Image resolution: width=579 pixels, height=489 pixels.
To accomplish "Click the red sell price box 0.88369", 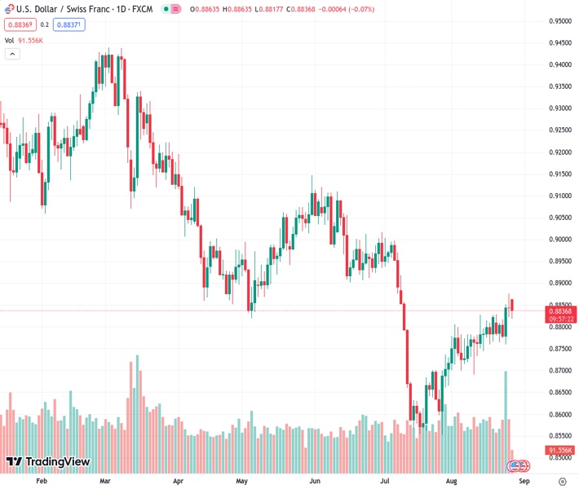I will tap(17, 24).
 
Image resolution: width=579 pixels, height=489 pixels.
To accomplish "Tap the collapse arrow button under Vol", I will tap(12, 54).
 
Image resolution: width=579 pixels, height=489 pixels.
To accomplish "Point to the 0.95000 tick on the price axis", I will tap(559, 20).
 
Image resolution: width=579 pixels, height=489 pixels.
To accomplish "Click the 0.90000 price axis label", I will tap(559, 240).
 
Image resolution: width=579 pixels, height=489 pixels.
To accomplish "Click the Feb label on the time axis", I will tap(42, 481).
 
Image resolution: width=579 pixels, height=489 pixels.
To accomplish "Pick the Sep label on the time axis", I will tap(522, 481).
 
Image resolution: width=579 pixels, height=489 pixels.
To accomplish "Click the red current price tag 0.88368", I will tap(560, 311).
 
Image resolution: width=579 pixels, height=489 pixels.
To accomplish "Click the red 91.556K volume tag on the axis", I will tap(560, 450).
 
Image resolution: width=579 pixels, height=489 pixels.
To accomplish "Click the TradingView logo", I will tap(47, 462).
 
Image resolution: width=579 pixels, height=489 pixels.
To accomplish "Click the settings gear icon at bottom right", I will tap(562, 481).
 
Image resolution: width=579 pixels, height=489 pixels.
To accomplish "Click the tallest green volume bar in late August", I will tap(506, 407).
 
